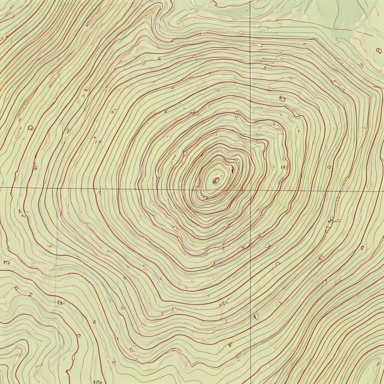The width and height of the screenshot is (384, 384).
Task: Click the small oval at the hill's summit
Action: coord(216,181)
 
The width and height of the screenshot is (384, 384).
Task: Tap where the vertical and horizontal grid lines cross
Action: coord(250,190)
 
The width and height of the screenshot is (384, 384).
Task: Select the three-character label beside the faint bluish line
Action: coord(61,302)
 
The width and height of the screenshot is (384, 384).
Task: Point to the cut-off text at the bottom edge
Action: coord(97,381)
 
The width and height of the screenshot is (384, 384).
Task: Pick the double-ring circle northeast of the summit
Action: coord(282,99)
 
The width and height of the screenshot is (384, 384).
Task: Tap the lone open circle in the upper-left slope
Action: coord(31,128)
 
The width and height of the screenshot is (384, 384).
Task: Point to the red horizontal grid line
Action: coord(112,188)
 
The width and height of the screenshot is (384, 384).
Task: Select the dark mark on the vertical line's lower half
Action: coord(256,316)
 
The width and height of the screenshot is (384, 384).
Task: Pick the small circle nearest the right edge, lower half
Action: coord(362,247)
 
